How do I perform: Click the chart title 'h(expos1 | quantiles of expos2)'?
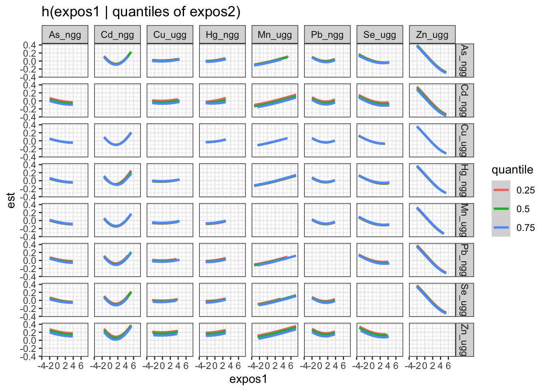click(141, 12)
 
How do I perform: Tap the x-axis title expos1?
click(248, 379)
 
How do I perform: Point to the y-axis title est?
click(11, 200)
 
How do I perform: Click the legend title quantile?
click(512, 169)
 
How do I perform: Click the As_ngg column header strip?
click(65, 35)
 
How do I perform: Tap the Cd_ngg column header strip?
click(117, 35)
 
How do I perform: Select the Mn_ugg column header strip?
click(275, 35)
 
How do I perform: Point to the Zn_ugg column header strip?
click(432, 35)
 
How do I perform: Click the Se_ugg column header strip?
click(380, 35)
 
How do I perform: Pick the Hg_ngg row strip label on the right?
click(464, 180)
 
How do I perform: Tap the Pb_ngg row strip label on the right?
click(464, 260)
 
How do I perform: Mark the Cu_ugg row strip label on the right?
click(464, 140)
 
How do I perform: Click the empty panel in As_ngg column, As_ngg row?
click(65, 60)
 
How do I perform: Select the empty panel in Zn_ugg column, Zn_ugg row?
click(432, 340)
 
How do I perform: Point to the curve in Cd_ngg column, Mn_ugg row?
click(117, 226)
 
